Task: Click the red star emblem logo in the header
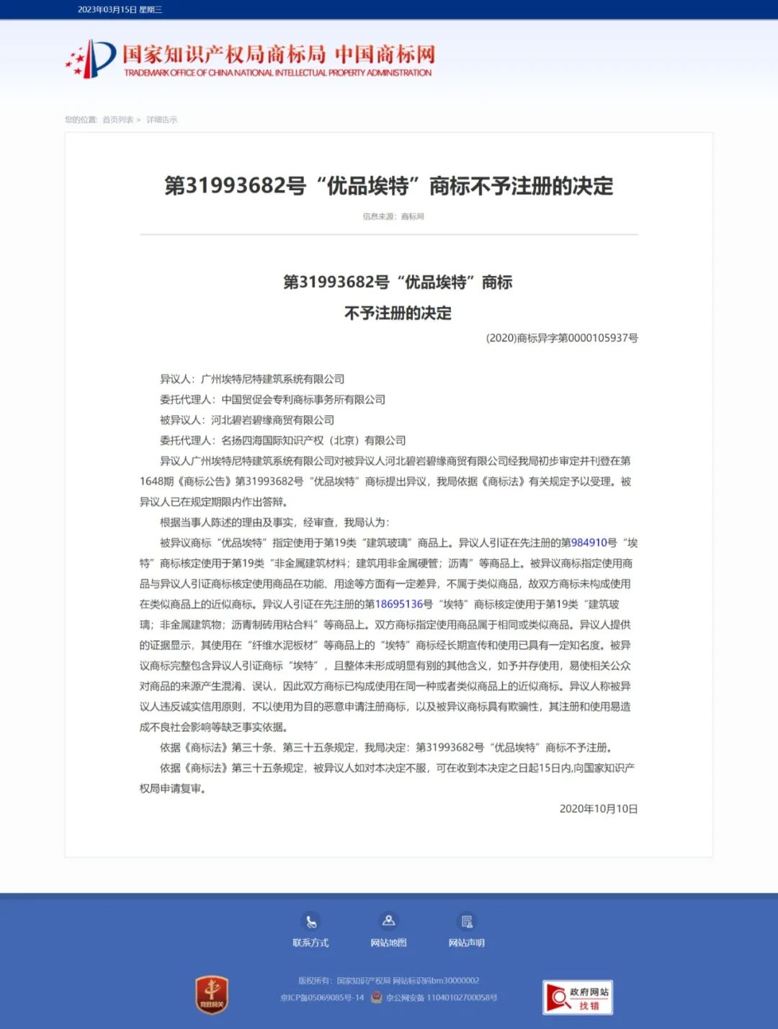click(x=91, y=58)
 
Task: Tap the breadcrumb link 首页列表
click(x=117, y=120)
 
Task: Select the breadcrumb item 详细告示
click(x=161, y=120)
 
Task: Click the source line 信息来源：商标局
click(x=393, y=216)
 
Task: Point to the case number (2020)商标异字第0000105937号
click(x=562, y=338)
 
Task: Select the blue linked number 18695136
click(x=398, y=604)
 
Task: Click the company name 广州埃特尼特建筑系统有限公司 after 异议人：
click(x=272, y=379)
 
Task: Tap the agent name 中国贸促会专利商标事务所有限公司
click(x=303, y=399)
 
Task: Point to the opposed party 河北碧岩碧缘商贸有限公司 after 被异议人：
click(x=272, y=419)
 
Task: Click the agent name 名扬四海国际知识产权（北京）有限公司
click(x=313, y=440)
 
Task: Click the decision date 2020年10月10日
click(x=599, y=808)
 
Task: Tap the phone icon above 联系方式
click(x=310, y=922)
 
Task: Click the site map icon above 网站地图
click(x=388, y=921)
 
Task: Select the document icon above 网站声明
click(x=467, y=922)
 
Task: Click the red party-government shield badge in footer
click(x=212, y=995)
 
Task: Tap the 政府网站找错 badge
click(x=578, y=998)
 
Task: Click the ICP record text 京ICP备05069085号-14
click(x=322, y=998)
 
